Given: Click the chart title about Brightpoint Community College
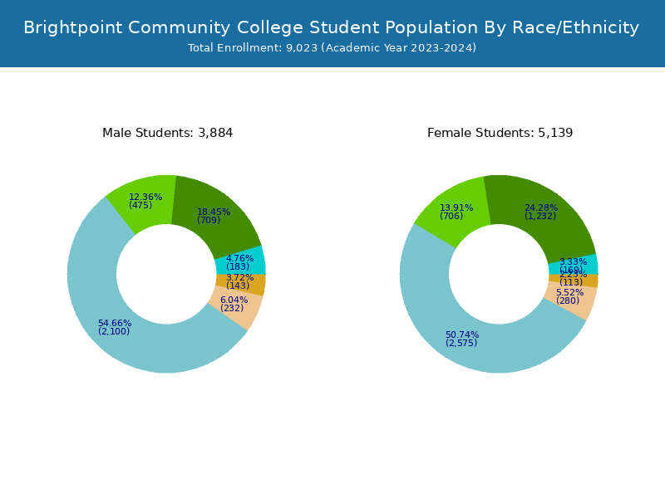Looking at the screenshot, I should click(332, 27).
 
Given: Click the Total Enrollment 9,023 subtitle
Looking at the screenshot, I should click(332, 48).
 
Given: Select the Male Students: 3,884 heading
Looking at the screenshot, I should click(167, 133).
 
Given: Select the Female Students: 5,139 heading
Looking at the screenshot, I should click(500, 133).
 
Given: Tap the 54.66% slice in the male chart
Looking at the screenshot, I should click(125, 332).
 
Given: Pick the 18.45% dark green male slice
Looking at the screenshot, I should click(224, 207).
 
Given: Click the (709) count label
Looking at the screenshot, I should click(209, 221).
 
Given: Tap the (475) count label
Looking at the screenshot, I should click(140, 206).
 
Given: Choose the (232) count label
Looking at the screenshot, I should click(232, 309).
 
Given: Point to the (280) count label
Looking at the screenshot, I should click(568, 301).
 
